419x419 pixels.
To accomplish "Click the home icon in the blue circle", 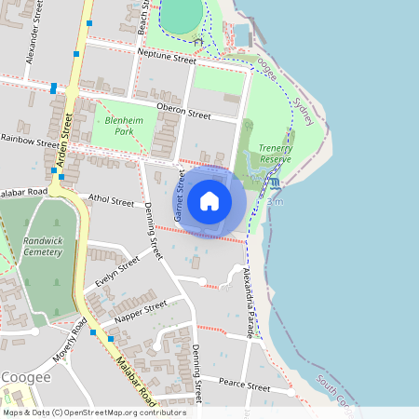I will (209, 201).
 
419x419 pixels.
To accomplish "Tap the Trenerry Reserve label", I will (275, 154).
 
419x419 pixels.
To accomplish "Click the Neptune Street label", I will (166, 58).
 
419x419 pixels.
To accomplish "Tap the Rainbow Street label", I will (29, 142).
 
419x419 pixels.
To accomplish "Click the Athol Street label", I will (111, 198).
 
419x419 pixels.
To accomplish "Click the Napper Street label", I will (141, 309).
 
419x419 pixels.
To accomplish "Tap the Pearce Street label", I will (243, 385).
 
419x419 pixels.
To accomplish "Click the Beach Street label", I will (142, 17).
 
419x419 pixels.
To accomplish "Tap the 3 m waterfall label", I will (275, 200).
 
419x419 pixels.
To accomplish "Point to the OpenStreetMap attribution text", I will (94, 412).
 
